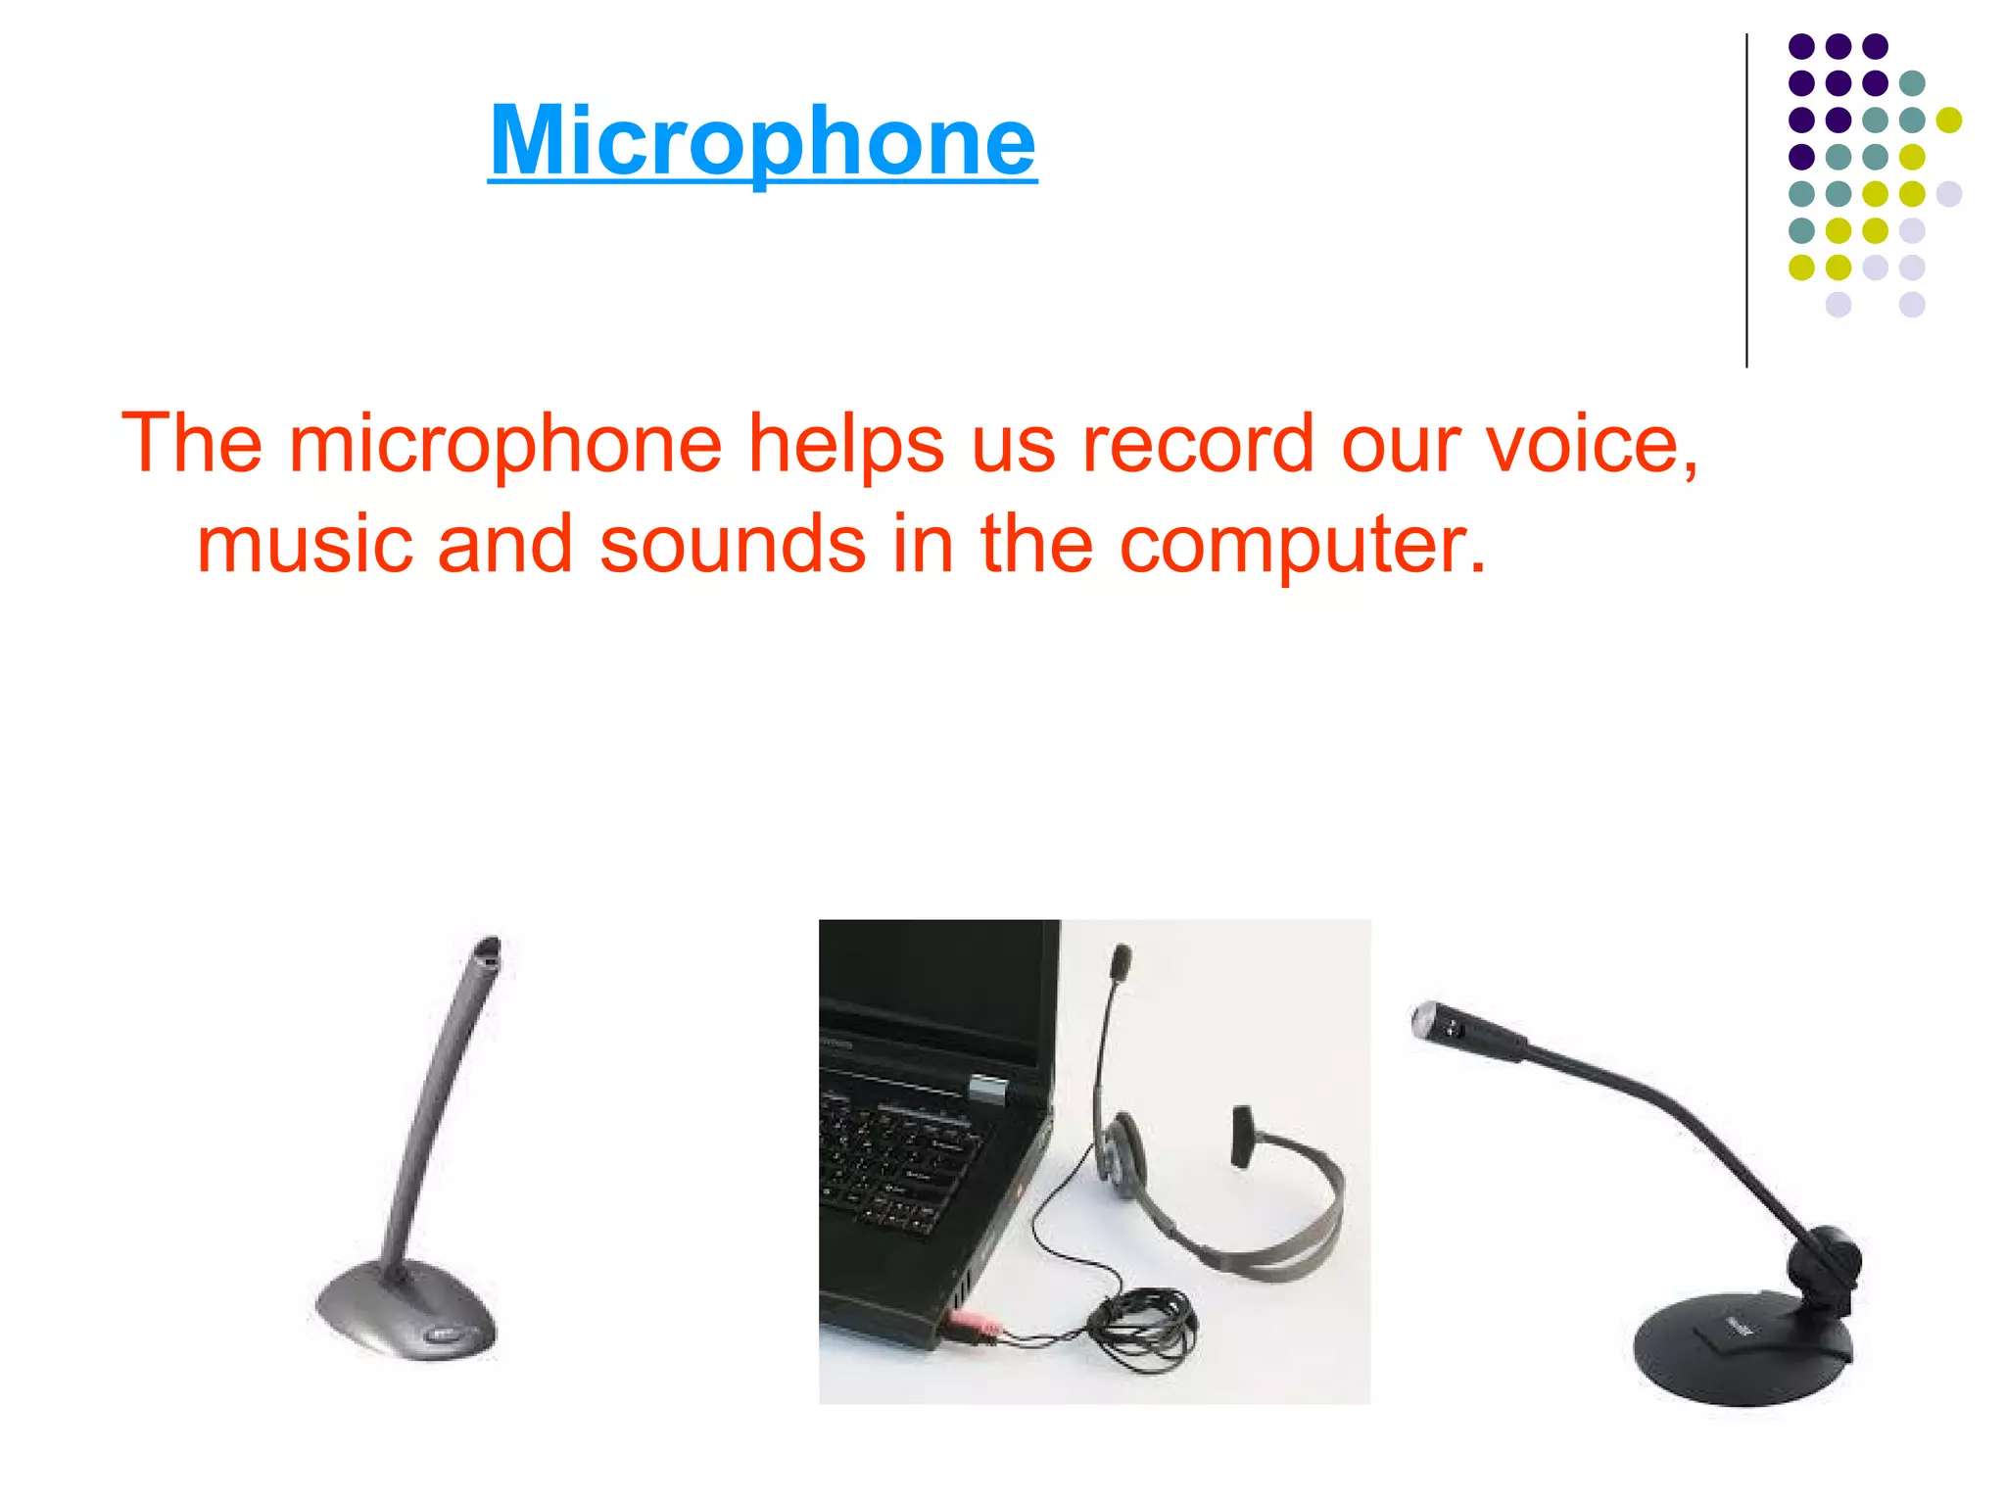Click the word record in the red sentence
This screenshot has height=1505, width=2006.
[x=1197, y=445]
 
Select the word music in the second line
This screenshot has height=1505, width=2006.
[x=302, y=545]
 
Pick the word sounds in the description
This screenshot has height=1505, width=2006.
[x=732, y=545]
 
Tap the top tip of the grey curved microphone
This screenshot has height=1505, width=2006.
[x=488, y=951]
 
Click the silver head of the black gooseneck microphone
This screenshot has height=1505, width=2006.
[x=1428, y=1019]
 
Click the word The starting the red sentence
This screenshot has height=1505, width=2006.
[x=192, y=445]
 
